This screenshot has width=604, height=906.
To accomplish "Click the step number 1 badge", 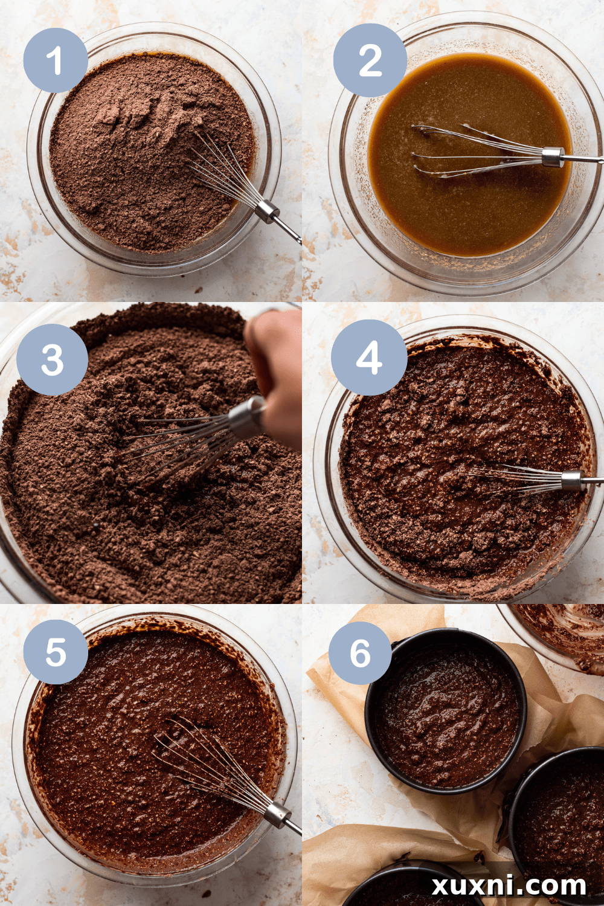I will click(x=56, y=60).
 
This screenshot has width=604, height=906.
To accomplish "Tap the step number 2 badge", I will click(x=370, y=60).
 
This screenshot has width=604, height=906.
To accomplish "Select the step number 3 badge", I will click(x=52, y=360).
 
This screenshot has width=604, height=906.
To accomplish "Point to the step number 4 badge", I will click(x=368, y=358).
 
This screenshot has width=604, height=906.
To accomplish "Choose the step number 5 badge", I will click(x=56, y=652).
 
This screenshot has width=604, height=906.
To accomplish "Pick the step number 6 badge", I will click(x=360, y=653).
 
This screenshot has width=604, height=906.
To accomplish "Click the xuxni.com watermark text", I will click(x=509, y=885).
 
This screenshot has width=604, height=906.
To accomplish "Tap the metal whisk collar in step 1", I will click(x=266, y=211).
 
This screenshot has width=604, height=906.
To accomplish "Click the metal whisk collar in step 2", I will click(x=553, y=156).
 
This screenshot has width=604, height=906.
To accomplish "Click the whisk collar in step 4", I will click(x=571, y=481).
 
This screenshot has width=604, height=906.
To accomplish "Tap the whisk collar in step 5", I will click(x=277, y=814).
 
